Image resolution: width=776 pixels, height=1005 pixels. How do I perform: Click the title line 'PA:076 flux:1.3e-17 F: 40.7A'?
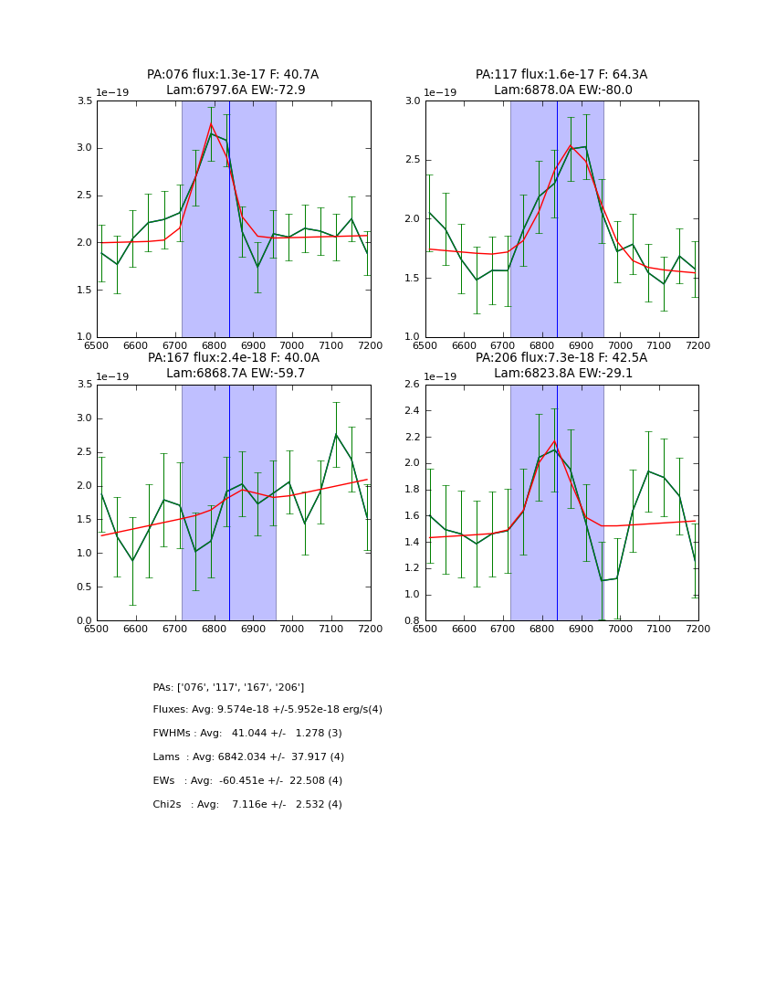click(233, 75)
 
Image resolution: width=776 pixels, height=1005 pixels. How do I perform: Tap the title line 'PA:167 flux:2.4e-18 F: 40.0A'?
click(233, 358)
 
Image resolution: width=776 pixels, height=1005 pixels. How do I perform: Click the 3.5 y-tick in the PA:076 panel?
click(84, 101)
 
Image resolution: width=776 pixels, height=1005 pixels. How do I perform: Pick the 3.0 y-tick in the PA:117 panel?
click(413, 101)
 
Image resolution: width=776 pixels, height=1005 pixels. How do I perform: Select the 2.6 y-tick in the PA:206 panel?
click(413, 385)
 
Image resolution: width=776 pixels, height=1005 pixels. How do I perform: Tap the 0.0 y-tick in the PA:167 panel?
click(84, 621)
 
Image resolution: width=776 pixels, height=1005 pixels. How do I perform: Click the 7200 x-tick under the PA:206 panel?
click(697, 629)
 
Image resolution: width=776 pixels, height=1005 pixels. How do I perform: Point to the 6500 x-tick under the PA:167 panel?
click(97, 629)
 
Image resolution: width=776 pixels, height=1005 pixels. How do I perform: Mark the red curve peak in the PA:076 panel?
click(211, 123)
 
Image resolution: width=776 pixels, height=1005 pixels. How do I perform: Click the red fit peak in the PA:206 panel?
click(554, 441)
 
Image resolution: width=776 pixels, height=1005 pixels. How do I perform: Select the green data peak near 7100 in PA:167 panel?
click(335, 434)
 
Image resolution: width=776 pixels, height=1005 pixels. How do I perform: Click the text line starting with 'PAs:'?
click(228, 687)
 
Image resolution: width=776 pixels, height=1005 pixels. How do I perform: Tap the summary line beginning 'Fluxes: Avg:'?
click(267, 710)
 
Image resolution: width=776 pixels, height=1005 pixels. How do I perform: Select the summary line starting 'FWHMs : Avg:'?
click(247, 734)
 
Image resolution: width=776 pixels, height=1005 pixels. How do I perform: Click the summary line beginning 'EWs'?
click(247, 781)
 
